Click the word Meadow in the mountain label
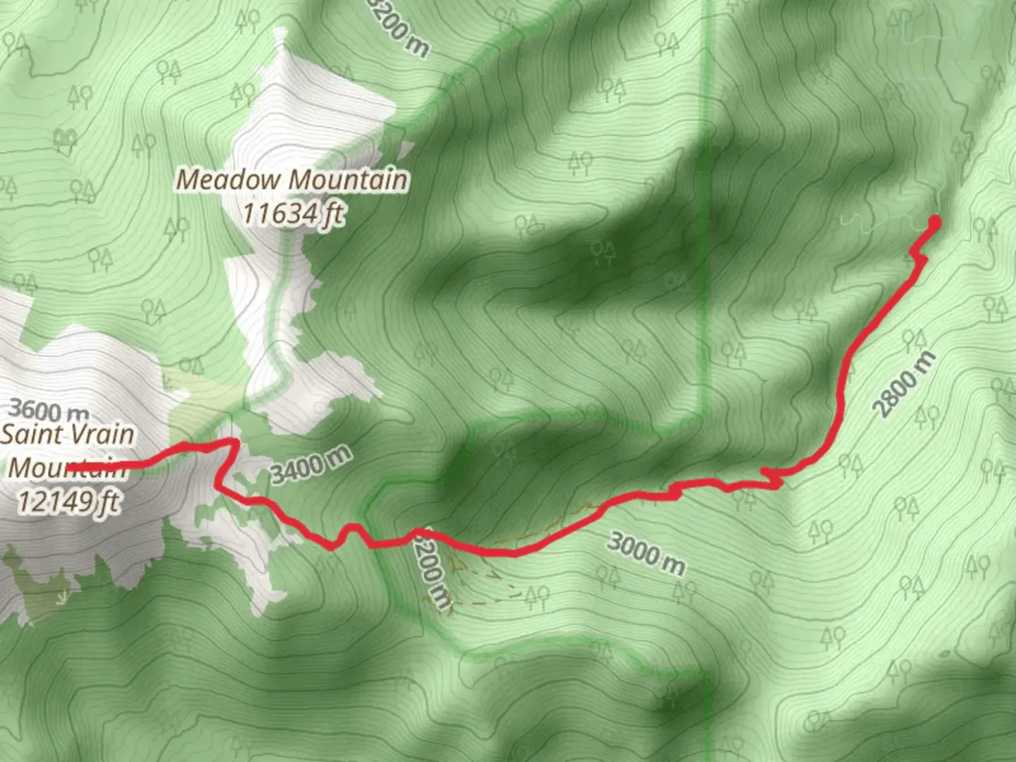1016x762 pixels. [x=227, y=179]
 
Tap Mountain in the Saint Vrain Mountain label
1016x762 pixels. [x=67, y=467]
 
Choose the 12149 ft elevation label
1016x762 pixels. [x=67, y=502]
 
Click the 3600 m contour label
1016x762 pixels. [x=49, y=410]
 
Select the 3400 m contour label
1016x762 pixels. [x=311, y=466]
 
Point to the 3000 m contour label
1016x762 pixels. [x=646, y=553]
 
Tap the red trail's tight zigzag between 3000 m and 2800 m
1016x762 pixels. [x=773, y=479]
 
